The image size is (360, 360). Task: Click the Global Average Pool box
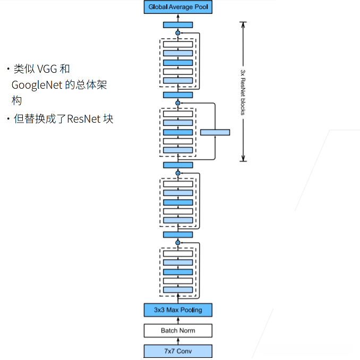178,7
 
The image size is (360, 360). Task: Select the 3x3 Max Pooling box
178,310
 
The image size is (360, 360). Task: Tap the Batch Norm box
178,330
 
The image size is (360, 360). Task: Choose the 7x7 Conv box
178,351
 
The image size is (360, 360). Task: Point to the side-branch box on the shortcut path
215,132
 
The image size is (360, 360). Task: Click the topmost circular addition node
178,33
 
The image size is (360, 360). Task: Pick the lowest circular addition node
178,243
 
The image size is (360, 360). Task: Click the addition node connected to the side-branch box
178,102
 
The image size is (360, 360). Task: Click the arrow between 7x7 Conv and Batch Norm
178,341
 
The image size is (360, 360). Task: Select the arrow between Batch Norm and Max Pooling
178,320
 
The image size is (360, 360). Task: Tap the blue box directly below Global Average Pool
178,24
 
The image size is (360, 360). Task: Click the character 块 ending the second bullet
108,118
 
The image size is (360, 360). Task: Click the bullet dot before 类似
8,70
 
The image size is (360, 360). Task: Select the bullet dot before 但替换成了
8,119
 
